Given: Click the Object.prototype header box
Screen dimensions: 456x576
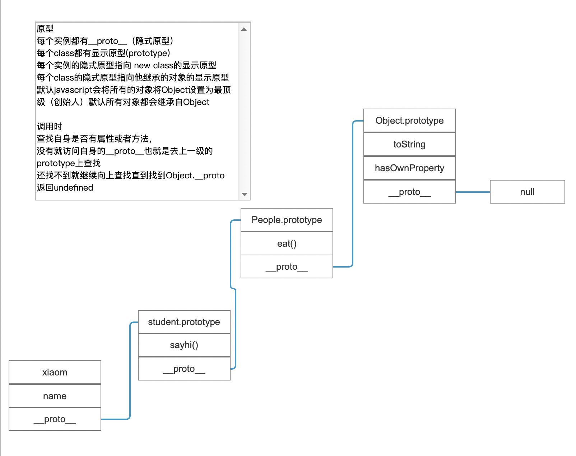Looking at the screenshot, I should coord(409,120).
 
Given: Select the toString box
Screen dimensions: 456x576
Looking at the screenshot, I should coord(409,144).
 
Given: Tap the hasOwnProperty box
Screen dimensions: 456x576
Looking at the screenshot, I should coord(409,168).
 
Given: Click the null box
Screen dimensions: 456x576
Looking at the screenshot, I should coord(527,192).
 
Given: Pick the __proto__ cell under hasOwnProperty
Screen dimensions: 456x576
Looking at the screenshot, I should coord(409,192).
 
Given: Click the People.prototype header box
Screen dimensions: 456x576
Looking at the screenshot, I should coord(287,220).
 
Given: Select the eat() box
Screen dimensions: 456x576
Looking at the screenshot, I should coord(287,243).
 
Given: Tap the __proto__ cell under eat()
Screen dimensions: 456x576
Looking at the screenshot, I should coord(287,266).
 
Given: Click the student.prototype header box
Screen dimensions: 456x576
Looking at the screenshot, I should coord(184,322).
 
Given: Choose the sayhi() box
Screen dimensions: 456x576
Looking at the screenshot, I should coord(184,345).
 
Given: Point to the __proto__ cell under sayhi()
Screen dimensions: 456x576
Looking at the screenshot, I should coord(184,369).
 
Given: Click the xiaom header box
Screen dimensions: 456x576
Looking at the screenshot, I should coord(55,372).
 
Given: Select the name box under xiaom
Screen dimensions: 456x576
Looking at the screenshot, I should coord(55,396).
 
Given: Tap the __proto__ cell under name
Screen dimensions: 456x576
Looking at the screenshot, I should coord(55,419).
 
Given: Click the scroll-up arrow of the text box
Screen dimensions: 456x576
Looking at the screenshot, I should coord(244,29).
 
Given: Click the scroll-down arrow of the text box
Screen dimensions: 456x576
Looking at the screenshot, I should coord(245,194).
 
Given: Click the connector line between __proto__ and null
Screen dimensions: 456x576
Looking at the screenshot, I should coord(473,192).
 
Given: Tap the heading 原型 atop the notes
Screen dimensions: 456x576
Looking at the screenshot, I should coord(45,29).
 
